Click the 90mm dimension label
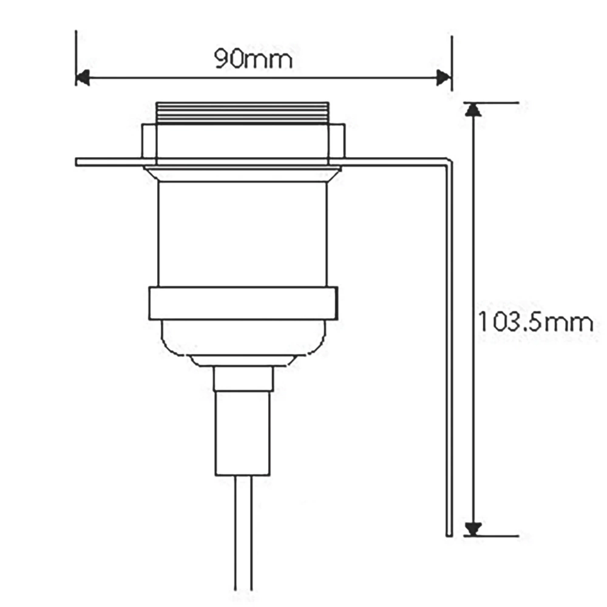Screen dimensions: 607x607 click(254, 59)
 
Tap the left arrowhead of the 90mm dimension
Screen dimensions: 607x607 click(83, 78)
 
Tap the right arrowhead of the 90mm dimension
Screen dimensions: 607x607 click(444, 78)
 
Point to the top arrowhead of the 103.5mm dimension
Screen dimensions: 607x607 click(473, 109)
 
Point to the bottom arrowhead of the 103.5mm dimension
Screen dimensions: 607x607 click(473, 529)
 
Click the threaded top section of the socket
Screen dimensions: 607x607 click(242, 113)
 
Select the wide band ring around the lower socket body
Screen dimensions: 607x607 click(243, 303)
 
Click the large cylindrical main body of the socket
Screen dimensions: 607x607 click(243, 234)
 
